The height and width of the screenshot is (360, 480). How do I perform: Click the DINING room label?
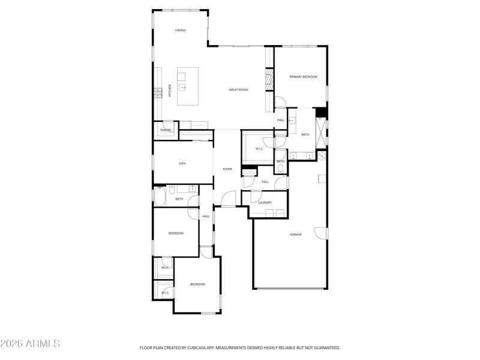pyautogui.click(x=180, y=30)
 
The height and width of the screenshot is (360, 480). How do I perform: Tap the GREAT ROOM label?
pyautogui.click(x=238, y=90)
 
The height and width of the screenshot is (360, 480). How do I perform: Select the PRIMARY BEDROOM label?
pyautogui.click(x=303, y=77)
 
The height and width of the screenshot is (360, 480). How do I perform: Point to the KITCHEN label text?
pyautogui.click(x=170, y=91)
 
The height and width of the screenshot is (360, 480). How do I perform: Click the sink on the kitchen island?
pyautogui.click(x=183, y=88)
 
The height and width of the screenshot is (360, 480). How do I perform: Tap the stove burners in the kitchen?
pyautogui.click(x=158, y=92)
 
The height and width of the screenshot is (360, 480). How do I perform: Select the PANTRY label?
pyautogui.click(x=166, y=130)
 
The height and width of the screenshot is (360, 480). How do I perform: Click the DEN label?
pyautogui.click(x=181, y=163)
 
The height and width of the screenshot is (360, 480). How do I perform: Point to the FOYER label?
pyautogui.click(x=227, y=169)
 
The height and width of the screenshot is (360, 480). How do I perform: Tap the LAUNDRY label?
pyautogui.click(x=265, y=203)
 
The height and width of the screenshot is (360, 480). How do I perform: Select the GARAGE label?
pyautogui.click(x=296, y=234)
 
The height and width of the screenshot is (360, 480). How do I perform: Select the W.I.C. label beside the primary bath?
pyautogui.click(x=260, y=149)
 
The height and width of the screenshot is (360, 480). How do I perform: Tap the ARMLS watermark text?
pyautogui.click(x=30, y=343)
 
